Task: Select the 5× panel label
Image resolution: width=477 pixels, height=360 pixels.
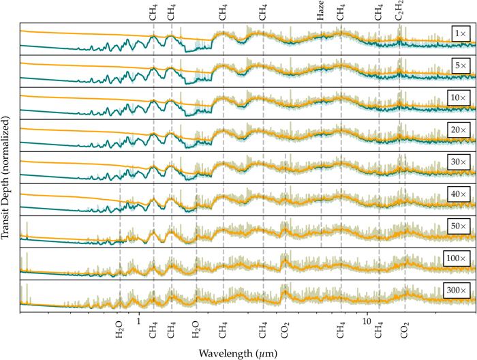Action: click(461, 66)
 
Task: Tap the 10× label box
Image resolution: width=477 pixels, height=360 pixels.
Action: click(460, 98)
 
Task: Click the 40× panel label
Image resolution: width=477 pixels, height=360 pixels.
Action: click(460, 194)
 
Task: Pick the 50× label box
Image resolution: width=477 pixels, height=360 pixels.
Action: click(460, 226)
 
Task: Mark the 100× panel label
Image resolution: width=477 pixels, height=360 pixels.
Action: click(458, 258)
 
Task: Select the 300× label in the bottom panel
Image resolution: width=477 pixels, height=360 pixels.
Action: click(458, 290)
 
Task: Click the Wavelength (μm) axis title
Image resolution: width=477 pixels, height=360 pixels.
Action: click(237, 352)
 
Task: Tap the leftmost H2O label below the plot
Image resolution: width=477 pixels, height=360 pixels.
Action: click(120, 331)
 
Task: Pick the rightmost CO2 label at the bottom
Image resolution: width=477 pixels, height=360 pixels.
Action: click(405, 331)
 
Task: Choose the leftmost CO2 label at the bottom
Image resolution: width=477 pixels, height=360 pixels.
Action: click(286, 331)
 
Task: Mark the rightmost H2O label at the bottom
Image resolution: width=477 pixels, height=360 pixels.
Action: click(196, 331)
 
